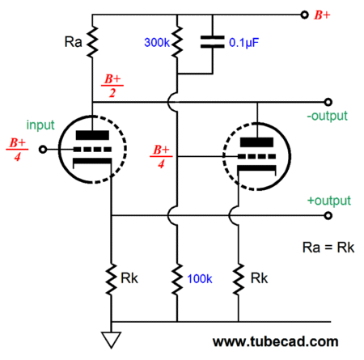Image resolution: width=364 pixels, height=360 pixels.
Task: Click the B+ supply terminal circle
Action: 304,15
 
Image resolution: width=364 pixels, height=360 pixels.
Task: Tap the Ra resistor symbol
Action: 92,41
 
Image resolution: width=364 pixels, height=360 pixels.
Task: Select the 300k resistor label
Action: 157,42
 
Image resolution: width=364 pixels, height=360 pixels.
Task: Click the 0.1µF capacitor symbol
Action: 213,42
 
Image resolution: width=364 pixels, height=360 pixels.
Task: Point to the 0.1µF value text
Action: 243,43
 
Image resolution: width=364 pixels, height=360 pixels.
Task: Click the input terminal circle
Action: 43,149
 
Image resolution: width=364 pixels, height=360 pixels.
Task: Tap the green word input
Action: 40,125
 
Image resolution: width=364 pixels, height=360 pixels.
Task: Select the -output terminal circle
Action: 328,102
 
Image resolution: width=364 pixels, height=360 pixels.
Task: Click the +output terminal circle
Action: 328,215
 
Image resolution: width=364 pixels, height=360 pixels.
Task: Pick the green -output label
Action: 327,116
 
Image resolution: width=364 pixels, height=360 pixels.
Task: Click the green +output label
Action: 329,201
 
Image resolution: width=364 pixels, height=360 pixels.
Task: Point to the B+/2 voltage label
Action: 112,86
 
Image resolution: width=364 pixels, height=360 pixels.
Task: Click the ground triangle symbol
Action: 111,340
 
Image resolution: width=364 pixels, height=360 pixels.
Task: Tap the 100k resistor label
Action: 200,279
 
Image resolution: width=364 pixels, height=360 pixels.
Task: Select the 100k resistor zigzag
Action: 177,279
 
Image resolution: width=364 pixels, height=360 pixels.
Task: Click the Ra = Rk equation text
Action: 328,248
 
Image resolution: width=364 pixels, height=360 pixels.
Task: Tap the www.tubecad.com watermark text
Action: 275,341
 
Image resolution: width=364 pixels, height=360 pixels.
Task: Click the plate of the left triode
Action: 92,135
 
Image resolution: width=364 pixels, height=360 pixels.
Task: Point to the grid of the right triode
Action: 256,156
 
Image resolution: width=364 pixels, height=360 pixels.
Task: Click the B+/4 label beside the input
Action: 17,149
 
